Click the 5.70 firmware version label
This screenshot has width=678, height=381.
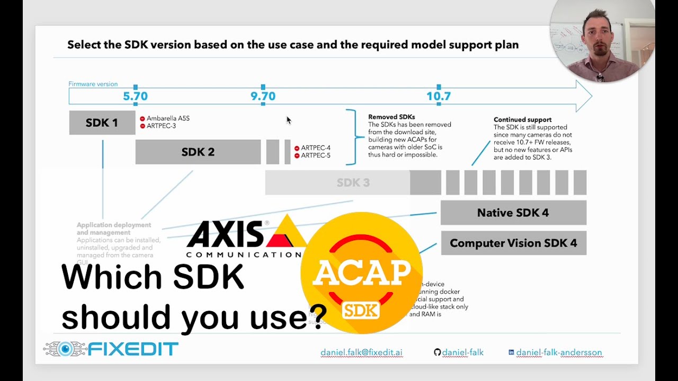(x=135, y=96)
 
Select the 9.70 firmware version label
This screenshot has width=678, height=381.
(x=263, y=96)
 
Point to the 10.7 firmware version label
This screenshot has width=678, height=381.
(x=439, y=96)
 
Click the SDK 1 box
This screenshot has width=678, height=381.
(x=102, y=123)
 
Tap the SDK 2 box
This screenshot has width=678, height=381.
(x=198, y=152)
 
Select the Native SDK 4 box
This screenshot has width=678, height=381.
(x=513, y=213)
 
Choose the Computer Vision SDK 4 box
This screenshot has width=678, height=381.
(x=513, y=243)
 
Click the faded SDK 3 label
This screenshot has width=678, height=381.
(x=353, y=183)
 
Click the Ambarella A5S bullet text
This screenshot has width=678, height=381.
(x=168, y=119)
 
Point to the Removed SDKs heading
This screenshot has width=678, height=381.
(x=391, y=117)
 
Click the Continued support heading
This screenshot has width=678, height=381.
(x=522, y=120)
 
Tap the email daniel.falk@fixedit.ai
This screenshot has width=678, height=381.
(x=361, y=352)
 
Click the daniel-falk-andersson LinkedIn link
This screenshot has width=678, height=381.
(x=559, y=352)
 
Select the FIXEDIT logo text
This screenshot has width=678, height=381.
(x=132, y=349)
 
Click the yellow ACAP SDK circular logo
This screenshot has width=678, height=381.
(x=362, y=273)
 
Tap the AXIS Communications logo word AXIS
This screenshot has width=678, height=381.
(x=225, y=234)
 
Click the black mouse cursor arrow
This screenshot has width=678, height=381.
(x=288, y=120)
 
